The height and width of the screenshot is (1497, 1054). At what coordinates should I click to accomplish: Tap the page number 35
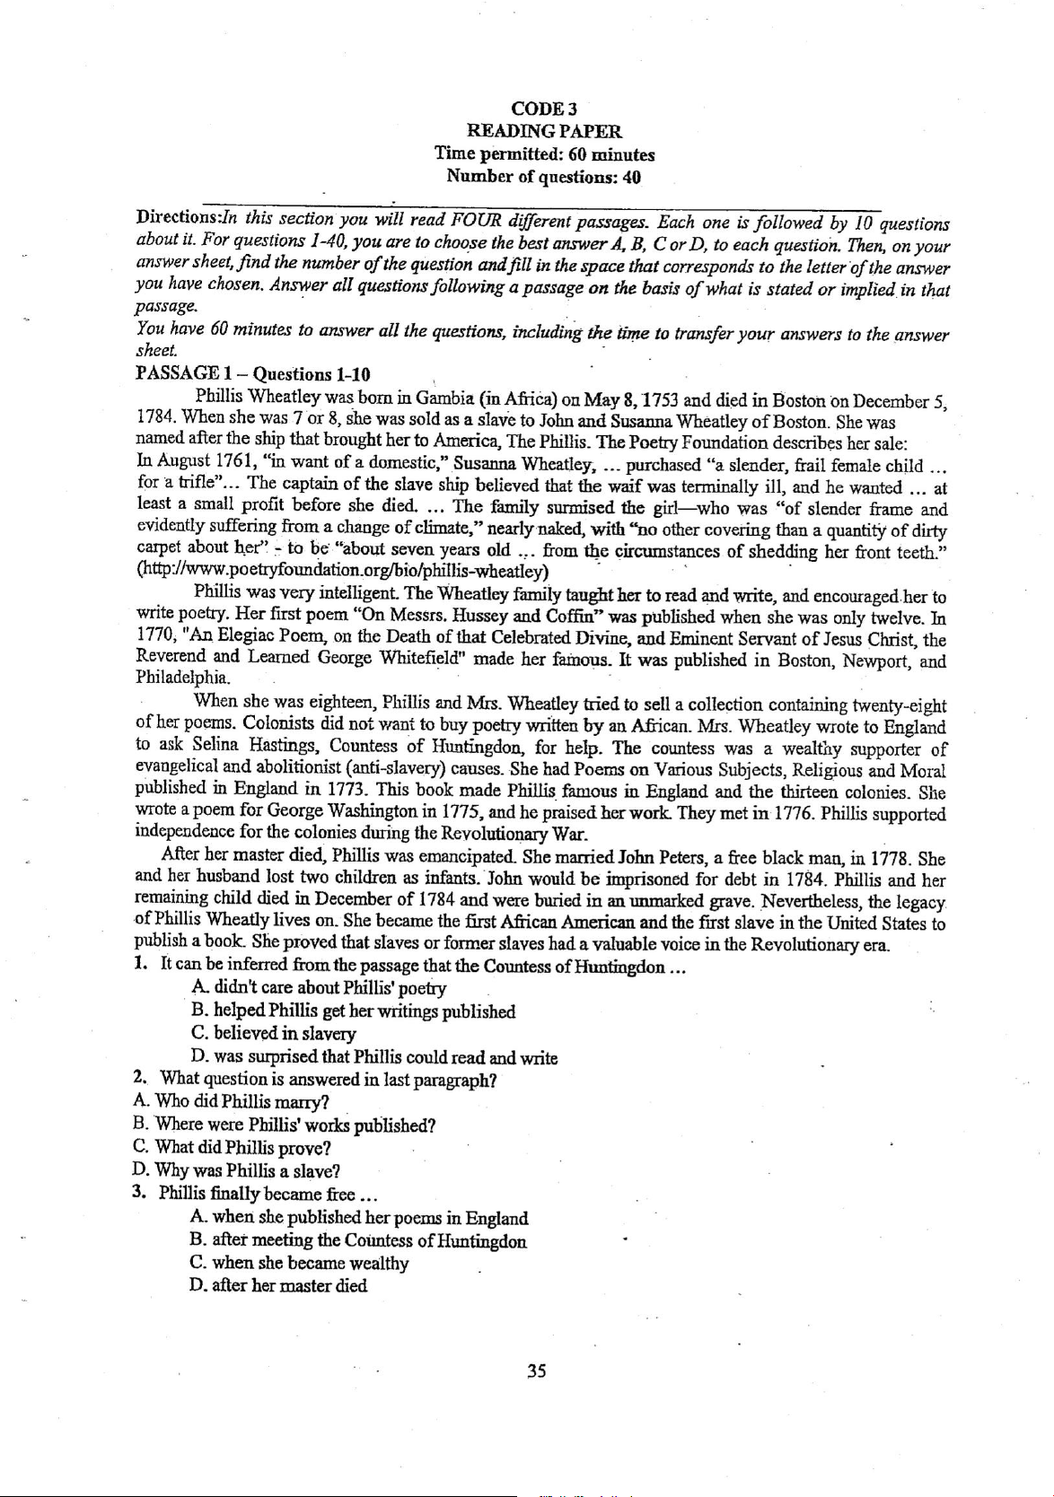[x=537, y=1370]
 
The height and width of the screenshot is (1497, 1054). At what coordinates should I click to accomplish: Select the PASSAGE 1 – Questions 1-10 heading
[x=252, y=373]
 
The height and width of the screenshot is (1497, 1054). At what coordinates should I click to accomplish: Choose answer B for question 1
[x=353, y=1011]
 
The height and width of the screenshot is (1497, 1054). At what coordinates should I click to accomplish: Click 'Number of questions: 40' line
[x=543, y=177]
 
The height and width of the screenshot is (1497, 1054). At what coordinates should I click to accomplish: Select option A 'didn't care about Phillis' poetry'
[x=318, y=989]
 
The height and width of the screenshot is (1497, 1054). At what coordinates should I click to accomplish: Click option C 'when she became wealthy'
[x=300, y=1263]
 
